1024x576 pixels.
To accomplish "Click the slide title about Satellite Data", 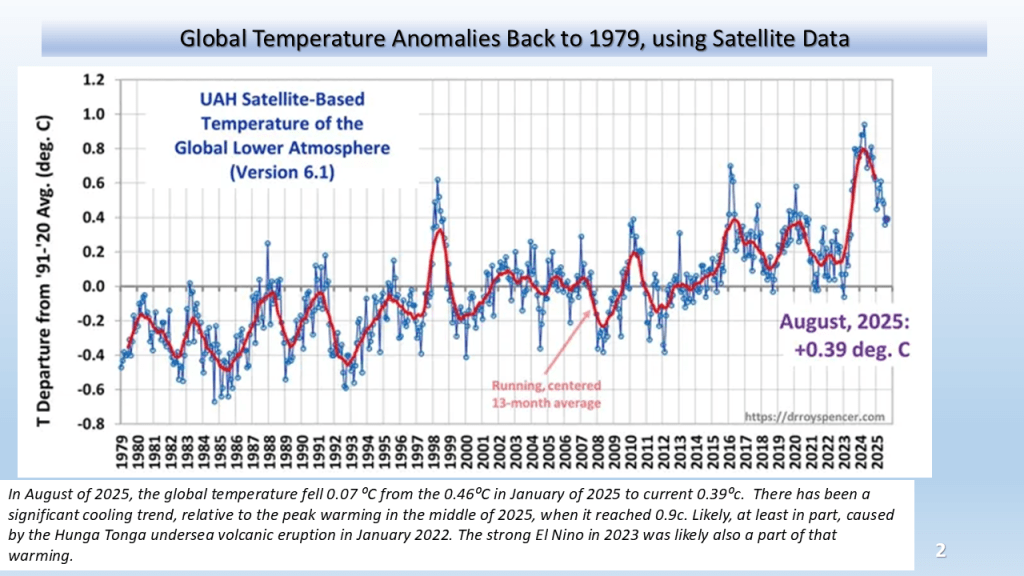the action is pos(515,39).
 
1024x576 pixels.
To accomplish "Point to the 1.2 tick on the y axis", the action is pos(93,80).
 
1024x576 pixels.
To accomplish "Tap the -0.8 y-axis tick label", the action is pos(91,424).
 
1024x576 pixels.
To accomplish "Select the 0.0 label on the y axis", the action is pos(93,287).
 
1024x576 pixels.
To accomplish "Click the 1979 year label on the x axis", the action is pos(122,452).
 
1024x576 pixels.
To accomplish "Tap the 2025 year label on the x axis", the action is pos(878,452).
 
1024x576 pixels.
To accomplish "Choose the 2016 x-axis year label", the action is pos(730,452).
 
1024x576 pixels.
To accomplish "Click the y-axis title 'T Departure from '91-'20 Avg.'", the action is pos(44,271).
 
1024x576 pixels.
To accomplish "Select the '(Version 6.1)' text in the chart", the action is pos(282,172).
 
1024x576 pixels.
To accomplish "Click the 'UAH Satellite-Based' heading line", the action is pos(282,99).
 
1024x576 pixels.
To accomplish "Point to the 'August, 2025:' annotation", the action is pos(844,322).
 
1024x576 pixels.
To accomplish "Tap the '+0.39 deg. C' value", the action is pos(852,349).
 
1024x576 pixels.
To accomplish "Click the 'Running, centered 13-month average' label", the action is pos(546,394).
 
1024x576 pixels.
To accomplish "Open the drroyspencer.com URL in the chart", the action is pos(814,417).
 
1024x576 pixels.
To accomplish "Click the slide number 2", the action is pos(940,551).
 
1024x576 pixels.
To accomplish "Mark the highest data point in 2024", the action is pos(864,124).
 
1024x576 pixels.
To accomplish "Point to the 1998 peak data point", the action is pos(438,180).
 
